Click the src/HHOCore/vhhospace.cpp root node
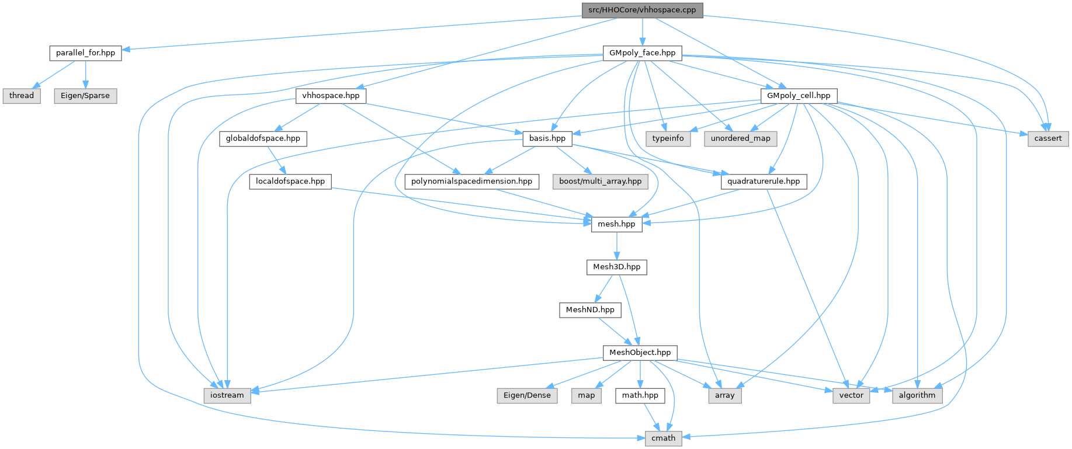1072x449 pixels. (642, 10)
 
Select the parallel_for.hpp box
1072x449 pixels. (85, 53)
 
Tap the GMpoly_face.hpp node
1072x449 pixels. (642, 53)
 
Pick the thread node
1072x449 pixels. (22, 95)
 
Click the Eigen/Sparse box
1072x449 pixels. (85, 95)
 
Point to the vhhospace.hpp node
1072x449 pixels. (331, 95)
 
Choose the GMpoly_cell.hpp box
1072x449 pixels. (799, 95)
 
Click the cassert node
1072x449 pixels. (1048, 138)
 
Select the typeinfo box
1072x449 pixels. (668, 138)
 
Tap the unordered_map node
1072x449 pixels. (740, 138)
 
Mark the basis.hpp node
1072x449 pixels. (547, 138)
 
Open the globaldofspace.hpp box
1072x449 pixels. (263, 138)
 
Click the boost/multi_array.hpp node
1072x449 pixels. (600, 181)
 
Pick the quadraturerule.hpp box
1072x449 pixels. (764, 181)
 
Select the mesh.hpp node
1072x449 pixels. (616, 224)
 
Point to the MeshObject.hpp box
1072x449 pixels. (640, 352)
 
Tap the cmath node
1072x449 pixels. (663, 438)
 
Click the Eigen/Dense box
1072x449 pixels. (526, 395)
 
